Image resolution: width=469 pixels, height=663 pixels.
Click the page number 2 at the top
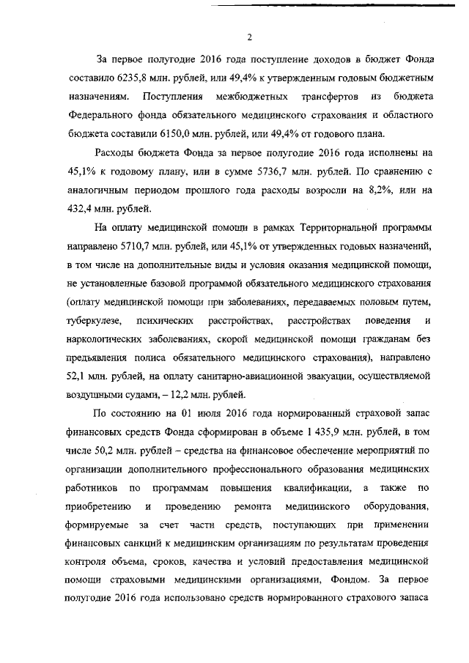pos(249,38)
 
